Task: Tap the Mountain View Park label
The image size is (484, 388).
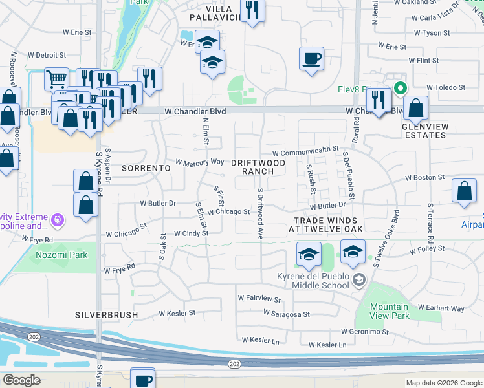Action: pyautogui.click(x=390, y=311)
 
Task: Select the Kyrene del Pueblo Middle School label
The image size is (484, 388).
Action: pyautogui.click(x=313, y=281)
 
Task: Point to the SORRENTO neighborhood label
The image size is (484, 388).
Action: pyautogui.click(x=146, y=167)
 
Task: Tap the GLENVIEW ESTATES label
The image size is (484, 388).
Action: pyautogui.click(x=424, y=131)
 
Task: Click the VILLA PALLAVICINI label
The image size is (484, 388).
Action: pyautogui.click(x=216, y=11)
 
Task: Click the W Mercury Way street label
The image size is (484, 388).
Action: pyautogui.click(x=201, y=161)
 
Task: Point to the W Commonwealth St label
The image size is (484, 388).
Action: pyautogui.click(x=309, y=149)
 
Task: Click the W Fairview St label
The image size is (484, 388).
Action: pyautogui.click(x=259, y=299)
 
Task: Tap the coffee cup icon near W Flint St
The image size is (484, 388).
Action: pyautogui.click(x=312, y=58)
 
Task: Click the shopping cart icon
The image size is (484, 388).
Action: pyautogui.click(x=56, y=79)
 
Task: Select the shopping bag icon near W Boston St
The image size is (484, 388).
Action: pyautogui.click(x=464, y=191)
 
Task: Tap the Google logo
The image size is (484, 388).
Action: pyautogui.click(x=22, y=381)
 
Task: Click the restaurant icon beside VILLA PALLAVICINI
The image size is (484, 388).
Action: pyautogui.click(x=252, y=10)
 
